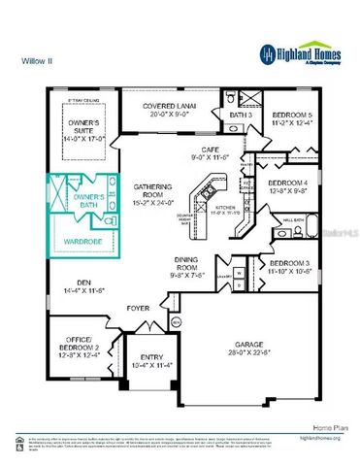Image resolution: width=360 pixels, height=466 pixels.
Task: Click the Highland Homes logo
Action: (300, 53)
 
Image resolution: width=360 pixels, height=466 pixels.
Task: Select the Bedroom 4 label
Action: (287, 184)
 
